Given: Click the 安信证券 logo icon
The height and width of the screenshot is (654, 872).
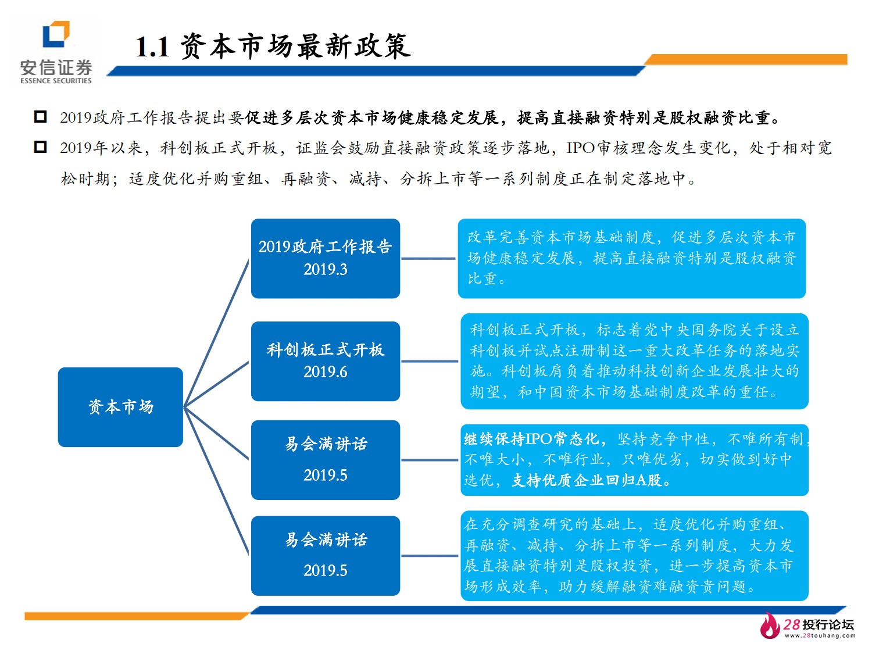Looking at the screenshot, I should (x=56, y=34).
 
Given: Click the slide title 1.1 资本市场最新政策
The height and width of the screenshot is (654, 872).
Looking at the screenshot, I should (x=273, y=47).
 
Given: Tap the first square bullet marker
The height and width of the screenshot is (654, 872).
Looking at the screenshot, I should (x=40, y=117).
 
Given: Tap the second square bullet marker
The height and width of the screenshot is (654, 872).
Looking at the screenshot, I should (x=40, y=147).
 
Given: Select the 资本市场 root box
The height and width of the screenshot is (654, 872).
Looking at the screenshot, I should (x=120, y=407).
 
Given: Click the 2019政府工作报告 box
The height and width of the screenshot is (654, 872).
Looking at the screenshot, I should (x=325, y=258).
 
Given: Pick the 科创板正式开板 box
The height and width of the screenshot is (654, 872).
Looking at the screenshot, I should (x=325, y=360).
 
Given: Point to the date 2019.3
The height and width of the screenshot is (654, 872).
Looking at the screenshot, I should (x=325, y=270).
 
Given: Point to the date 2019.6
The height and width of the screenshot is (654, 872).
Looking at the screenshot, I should (x=325, y=372).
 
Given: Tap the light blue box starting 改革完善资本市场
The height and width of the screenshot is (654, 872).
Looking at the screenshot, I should (x=631, y=258).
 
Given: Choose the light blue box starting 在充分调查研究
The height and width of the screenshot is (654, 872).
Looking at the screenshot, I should (x=634, y=555).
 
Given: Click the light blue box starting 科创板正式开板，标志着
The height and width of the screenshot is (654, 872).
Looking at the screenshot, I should (x=634, y=360).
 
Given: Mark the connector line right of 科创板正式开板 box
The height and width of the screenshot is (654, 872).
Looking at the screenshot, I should (x=430, y=361).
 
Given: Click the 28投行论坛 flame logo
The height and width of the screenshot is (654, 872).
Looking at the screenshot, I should (x=770, y=626).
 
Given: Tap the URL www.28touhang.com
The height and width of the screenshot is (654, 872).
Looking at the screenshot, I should (x=820, y=636).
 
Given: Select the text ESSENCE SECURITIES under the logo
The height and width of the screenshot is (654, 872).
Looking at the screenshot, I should (x=56, y=81).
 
